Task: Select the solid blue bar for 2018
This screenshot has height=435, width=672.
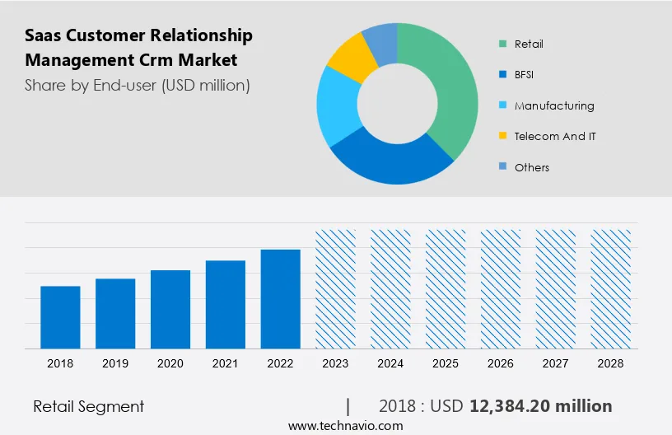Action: (x=60, y=317)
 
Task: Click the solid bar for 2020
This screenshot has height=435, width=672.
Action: (x=170, y=309)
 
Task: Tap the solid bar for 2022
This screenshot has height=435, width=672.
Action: (x=281, y=298)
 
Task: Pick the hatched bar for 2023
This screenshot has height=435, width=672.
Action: (x=336, y=288)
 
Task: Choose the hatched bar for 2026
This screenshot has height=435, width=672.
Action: (x=502, y=288)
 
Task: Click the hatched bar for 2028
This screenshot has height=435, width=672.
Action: (x=612, y=288)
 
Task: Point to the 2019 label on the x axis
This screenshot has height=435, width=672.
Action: (x=115, y=363)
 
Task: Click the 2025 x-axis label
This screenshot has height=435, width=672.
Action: (x=446, y=363)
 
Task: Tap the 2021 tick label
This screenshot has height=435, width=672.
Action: (x=226, y=363)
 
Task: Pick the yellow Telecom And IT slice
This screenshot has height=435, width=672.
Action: (x=349, y=58)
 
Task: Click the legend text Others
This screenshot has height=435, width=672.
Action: (x=532, y=167)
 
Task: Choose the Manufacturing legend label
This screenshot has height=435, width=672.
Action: (x=554, y=105)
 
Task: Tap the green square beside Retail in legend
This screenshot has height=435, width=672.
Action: (x=502, y=44)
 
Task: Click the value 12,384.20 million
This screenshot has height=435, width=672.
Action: (x=540, y=406)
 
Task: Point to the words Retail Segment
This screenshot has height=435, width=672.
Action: (x=89, y=406)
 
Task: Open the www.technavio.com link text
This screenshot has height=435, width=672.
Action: (x=345, y=426)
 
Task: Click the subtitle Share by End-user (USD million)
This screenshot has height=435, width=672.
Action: (x=138, y=84)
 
